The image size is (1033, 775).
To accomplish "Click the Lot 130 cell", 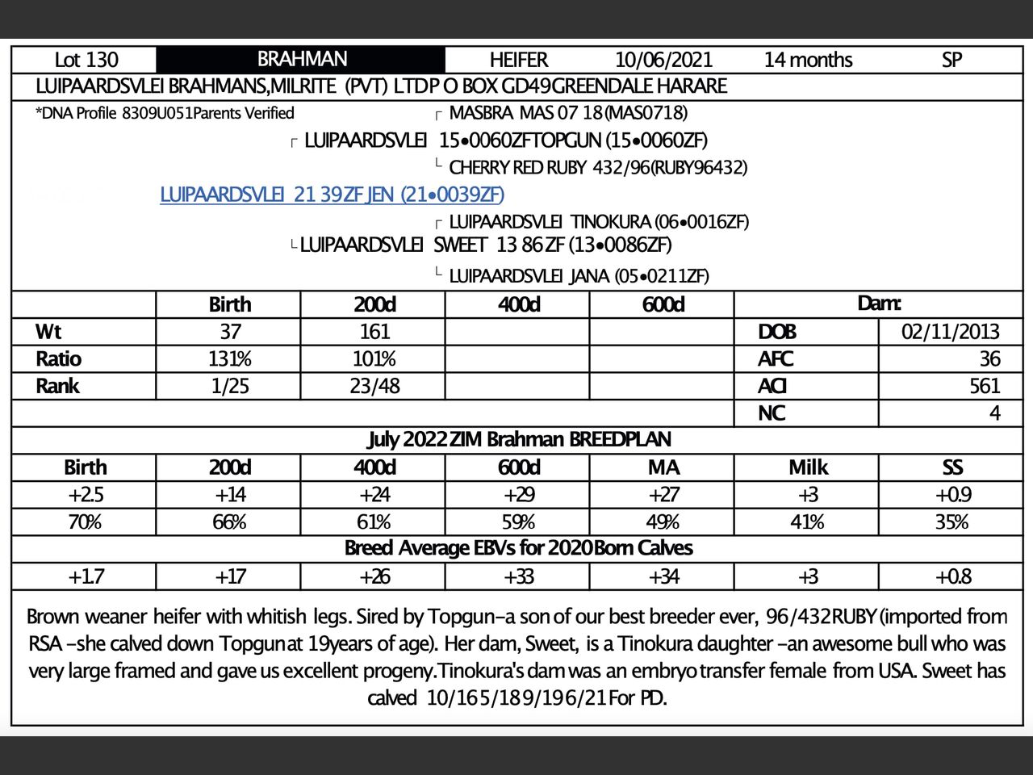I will pyautogui.click(x=86, y=60).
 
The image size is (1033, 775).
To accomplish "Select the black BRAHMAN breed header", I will pyautogui.click(x=301, y=59).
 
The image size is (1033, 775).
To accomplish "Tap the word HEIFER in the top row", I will pyautogui.click(x=518, y=60).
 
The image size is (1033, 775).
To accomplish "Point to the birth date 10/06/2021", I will pyautogui.click(x=663, y=60).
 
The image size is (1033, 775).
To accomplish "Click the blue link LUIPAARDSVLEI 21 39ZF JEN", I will pyautogui.click(x=332, y=195).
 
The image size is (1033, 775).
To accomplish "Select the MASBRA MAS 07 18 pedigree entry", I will pyautogui.click(x=568, y=113).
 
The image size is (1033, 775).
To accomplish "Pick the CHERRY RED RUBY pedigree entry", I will pyautogui.click(x=597, y=168).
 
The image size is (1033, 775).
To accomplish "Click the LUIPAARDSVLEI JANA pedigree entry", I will pyautogui.click(x=579, y=276).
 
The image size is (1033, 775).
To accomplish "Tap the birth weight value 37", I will pyautogui.click(x=230, y=332).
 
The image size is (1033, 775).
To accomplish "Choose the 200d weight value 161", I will pyautogui.click(x=374, y=332).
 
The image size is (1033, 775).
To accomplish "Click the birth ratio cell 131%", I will pyautogui.click(x=230, y=359).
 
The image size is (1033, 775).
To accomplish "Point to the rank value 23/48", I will pyautogui.click(x=374, y=386).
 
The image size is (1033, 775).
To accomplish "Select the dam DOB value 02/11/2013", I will pyautogui.click(x=950, y=332).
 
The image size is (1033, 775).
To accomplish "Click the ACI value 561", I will pyautogui.click(x=985, y=386).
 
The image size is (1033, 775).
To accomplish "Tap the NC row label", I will pyautogui.click(x=772, y=413).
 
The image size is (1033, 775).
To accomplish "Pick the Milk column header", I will pyautogui.click(x=808, y=467).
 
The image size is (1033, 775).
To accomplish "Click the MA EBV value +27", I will pyautogui.click(x=663, y=495).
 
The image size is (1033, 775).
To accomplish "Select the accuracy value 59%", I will pyautogui.click(x=518, y=522).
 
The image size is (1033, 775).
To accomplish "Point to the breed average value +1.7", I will pyautogui.click(x=86, y=576).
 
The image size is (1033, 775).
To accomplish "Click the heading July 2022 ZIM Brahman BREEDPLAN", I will pyautogui.click(x=519, y=440).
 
